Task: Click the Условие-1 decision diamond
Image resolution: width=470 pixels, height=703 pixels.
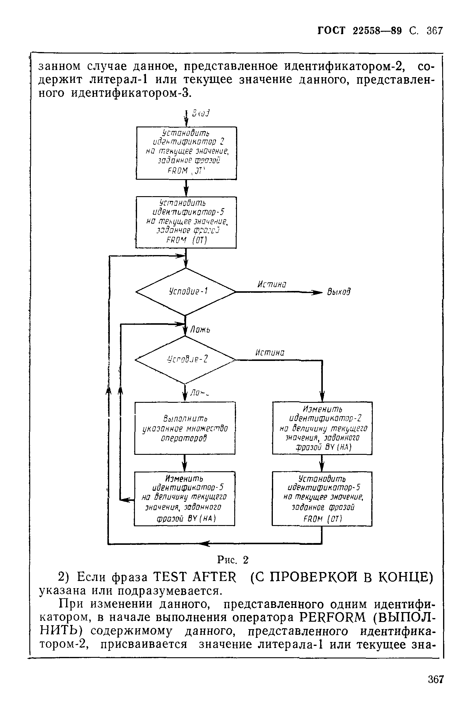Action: click(x=186, y=292)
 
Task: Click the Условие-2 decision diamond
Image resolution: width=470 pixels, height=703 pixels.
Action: click(x=185, y=359)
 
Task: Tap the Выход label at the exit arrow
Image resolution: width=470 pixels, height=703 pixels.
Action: click(x=339, y=292)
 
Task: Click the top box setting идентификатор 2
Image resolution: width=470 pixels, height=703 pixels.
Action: click(x=186, y=153)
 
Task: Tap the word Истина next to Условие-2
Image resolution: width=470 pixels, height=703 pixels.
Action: click(x=270, y=353)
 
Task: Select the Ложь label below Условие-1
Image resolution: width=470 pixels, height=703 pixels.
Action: click(x=200, y=330)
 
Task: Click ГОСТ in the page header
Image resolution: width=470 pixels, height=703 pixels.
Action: click(x=331, y=31)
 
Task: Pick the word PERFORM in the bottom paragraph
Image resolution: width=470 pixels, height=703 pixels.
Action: click(x=333, y=617)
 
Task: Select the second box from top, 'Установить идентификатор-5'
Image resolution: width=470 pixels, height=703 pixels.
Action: click(x=186, y=222)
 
